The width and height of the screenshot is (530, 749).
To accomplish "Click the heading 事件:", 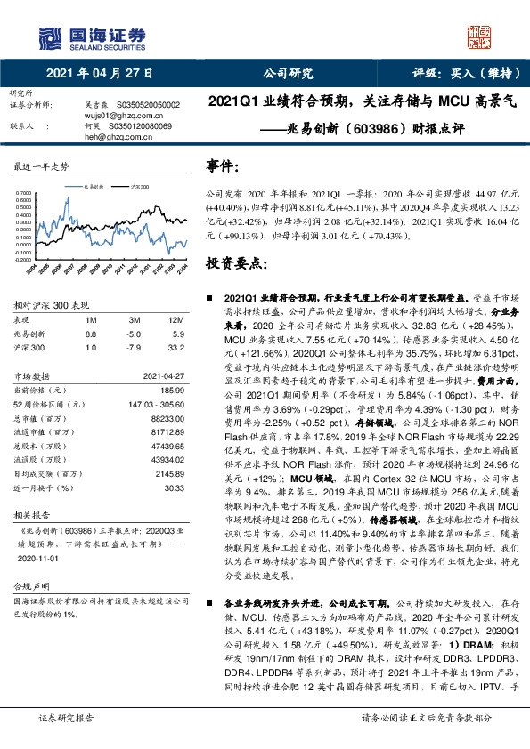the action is coord(223,166).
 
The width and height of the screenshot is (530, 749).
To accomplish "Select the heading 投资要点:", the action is coord(234,264).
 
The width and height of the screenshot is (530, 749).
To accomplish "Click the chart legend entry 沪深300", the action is coord(138,188).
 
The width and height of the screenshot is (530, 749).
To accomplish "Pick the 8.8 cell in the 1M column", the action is coord(90,332).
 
